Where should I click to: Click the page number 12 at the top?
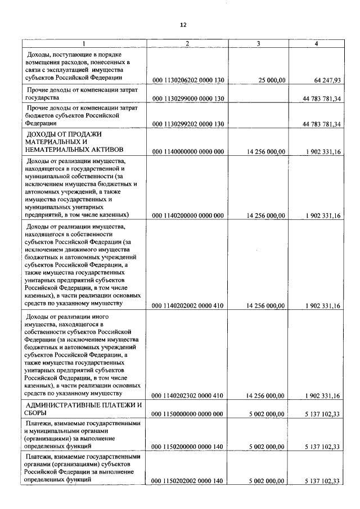[183, 25]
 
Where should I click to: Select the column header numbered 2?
[187, 43]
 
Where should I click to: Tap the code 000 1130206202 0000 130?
[188, 80]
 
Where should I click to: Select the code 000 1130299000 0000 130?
[188, 98]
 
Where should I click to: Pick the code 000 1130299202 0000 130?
[188, 124]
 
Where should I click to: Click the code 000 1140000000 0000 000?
[188, 151]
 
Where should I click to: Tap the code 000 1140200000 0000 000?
[188, 215]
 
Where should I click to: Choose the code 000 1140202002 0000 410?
[188, 306]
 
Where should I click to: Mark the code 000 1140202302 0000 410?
[188, 396]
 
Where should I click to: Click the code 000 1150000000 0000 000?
[188, 414]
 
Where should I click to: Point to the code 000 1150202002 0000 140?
[188, 481]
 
